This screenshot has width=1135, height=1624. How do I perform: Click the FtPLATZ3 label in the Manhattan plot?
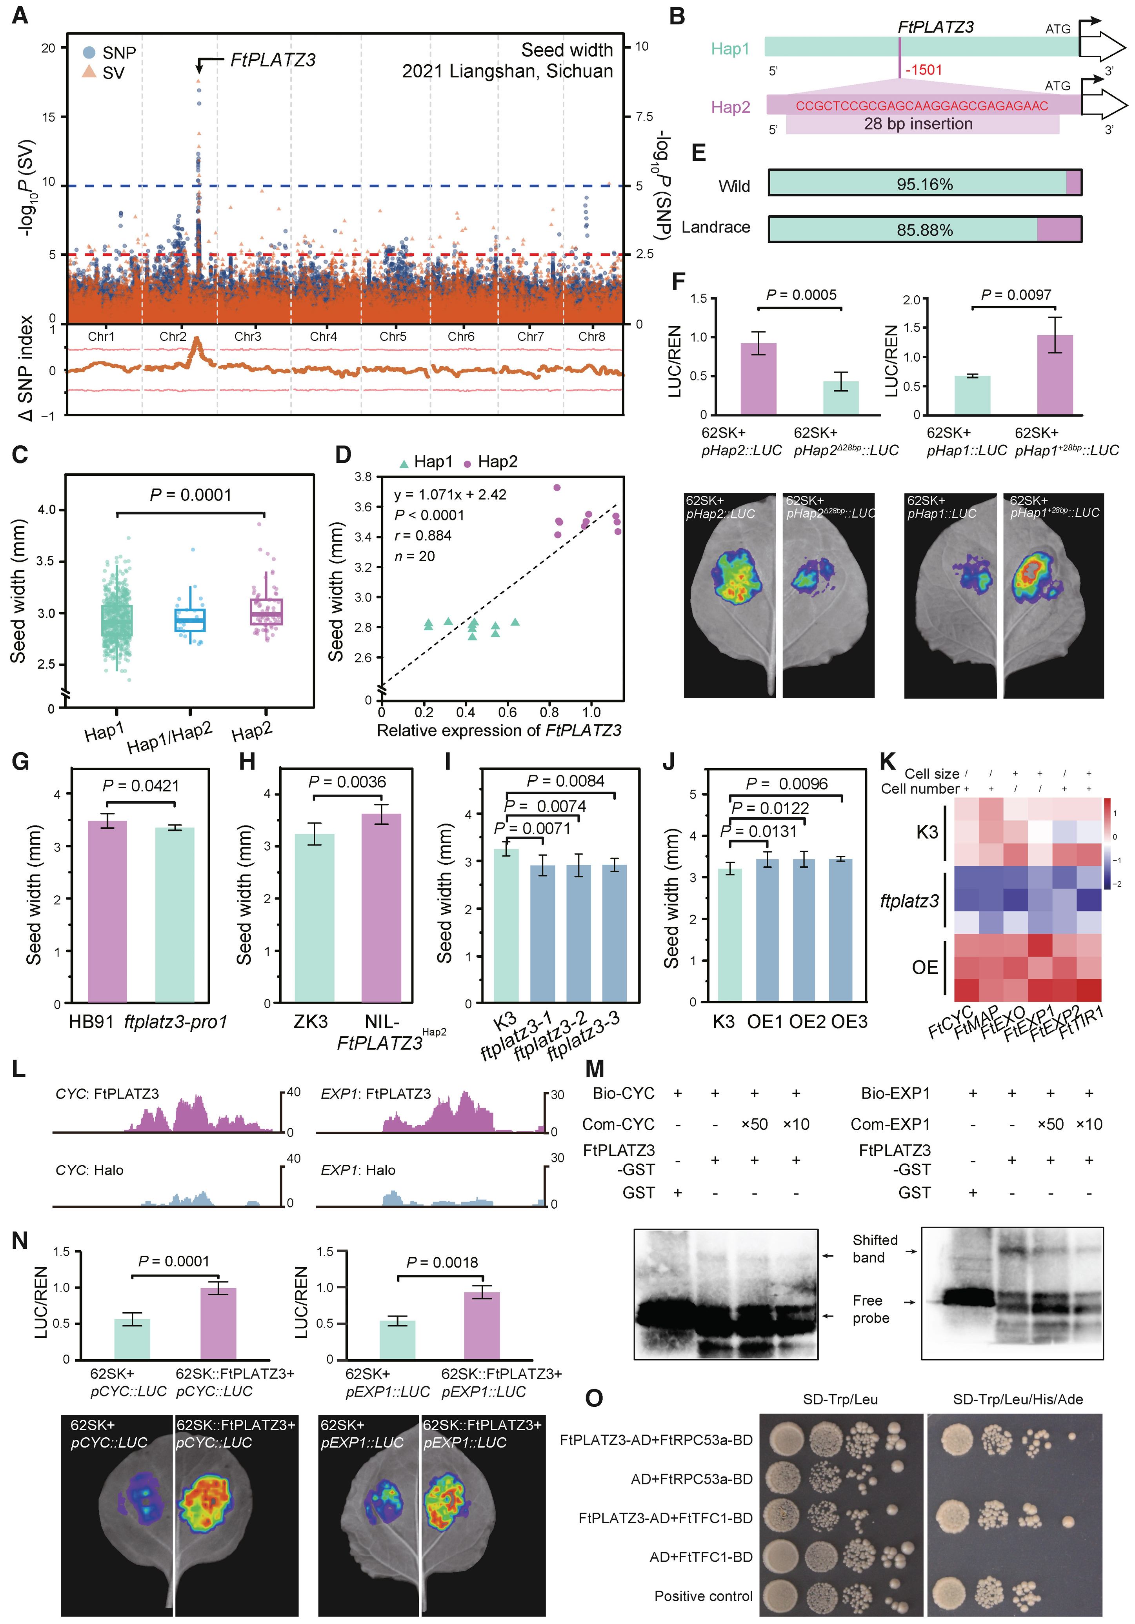pyautogui.click(x=273, y=60)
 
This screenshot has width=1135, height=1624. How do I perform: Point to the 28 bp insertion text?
pyautogui.click(x=918, y=124)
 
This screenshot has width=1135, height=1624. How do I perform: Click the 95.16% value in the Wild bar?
pyautogui.click(x=924, y=185)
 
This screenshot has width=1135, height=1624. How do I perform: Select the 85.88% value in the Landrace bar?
pyautogui.click(x=924, y=230)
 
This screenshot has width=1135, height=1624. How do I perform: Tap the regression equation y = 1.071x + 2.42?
pyautogui.click(x=451, y=495)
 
